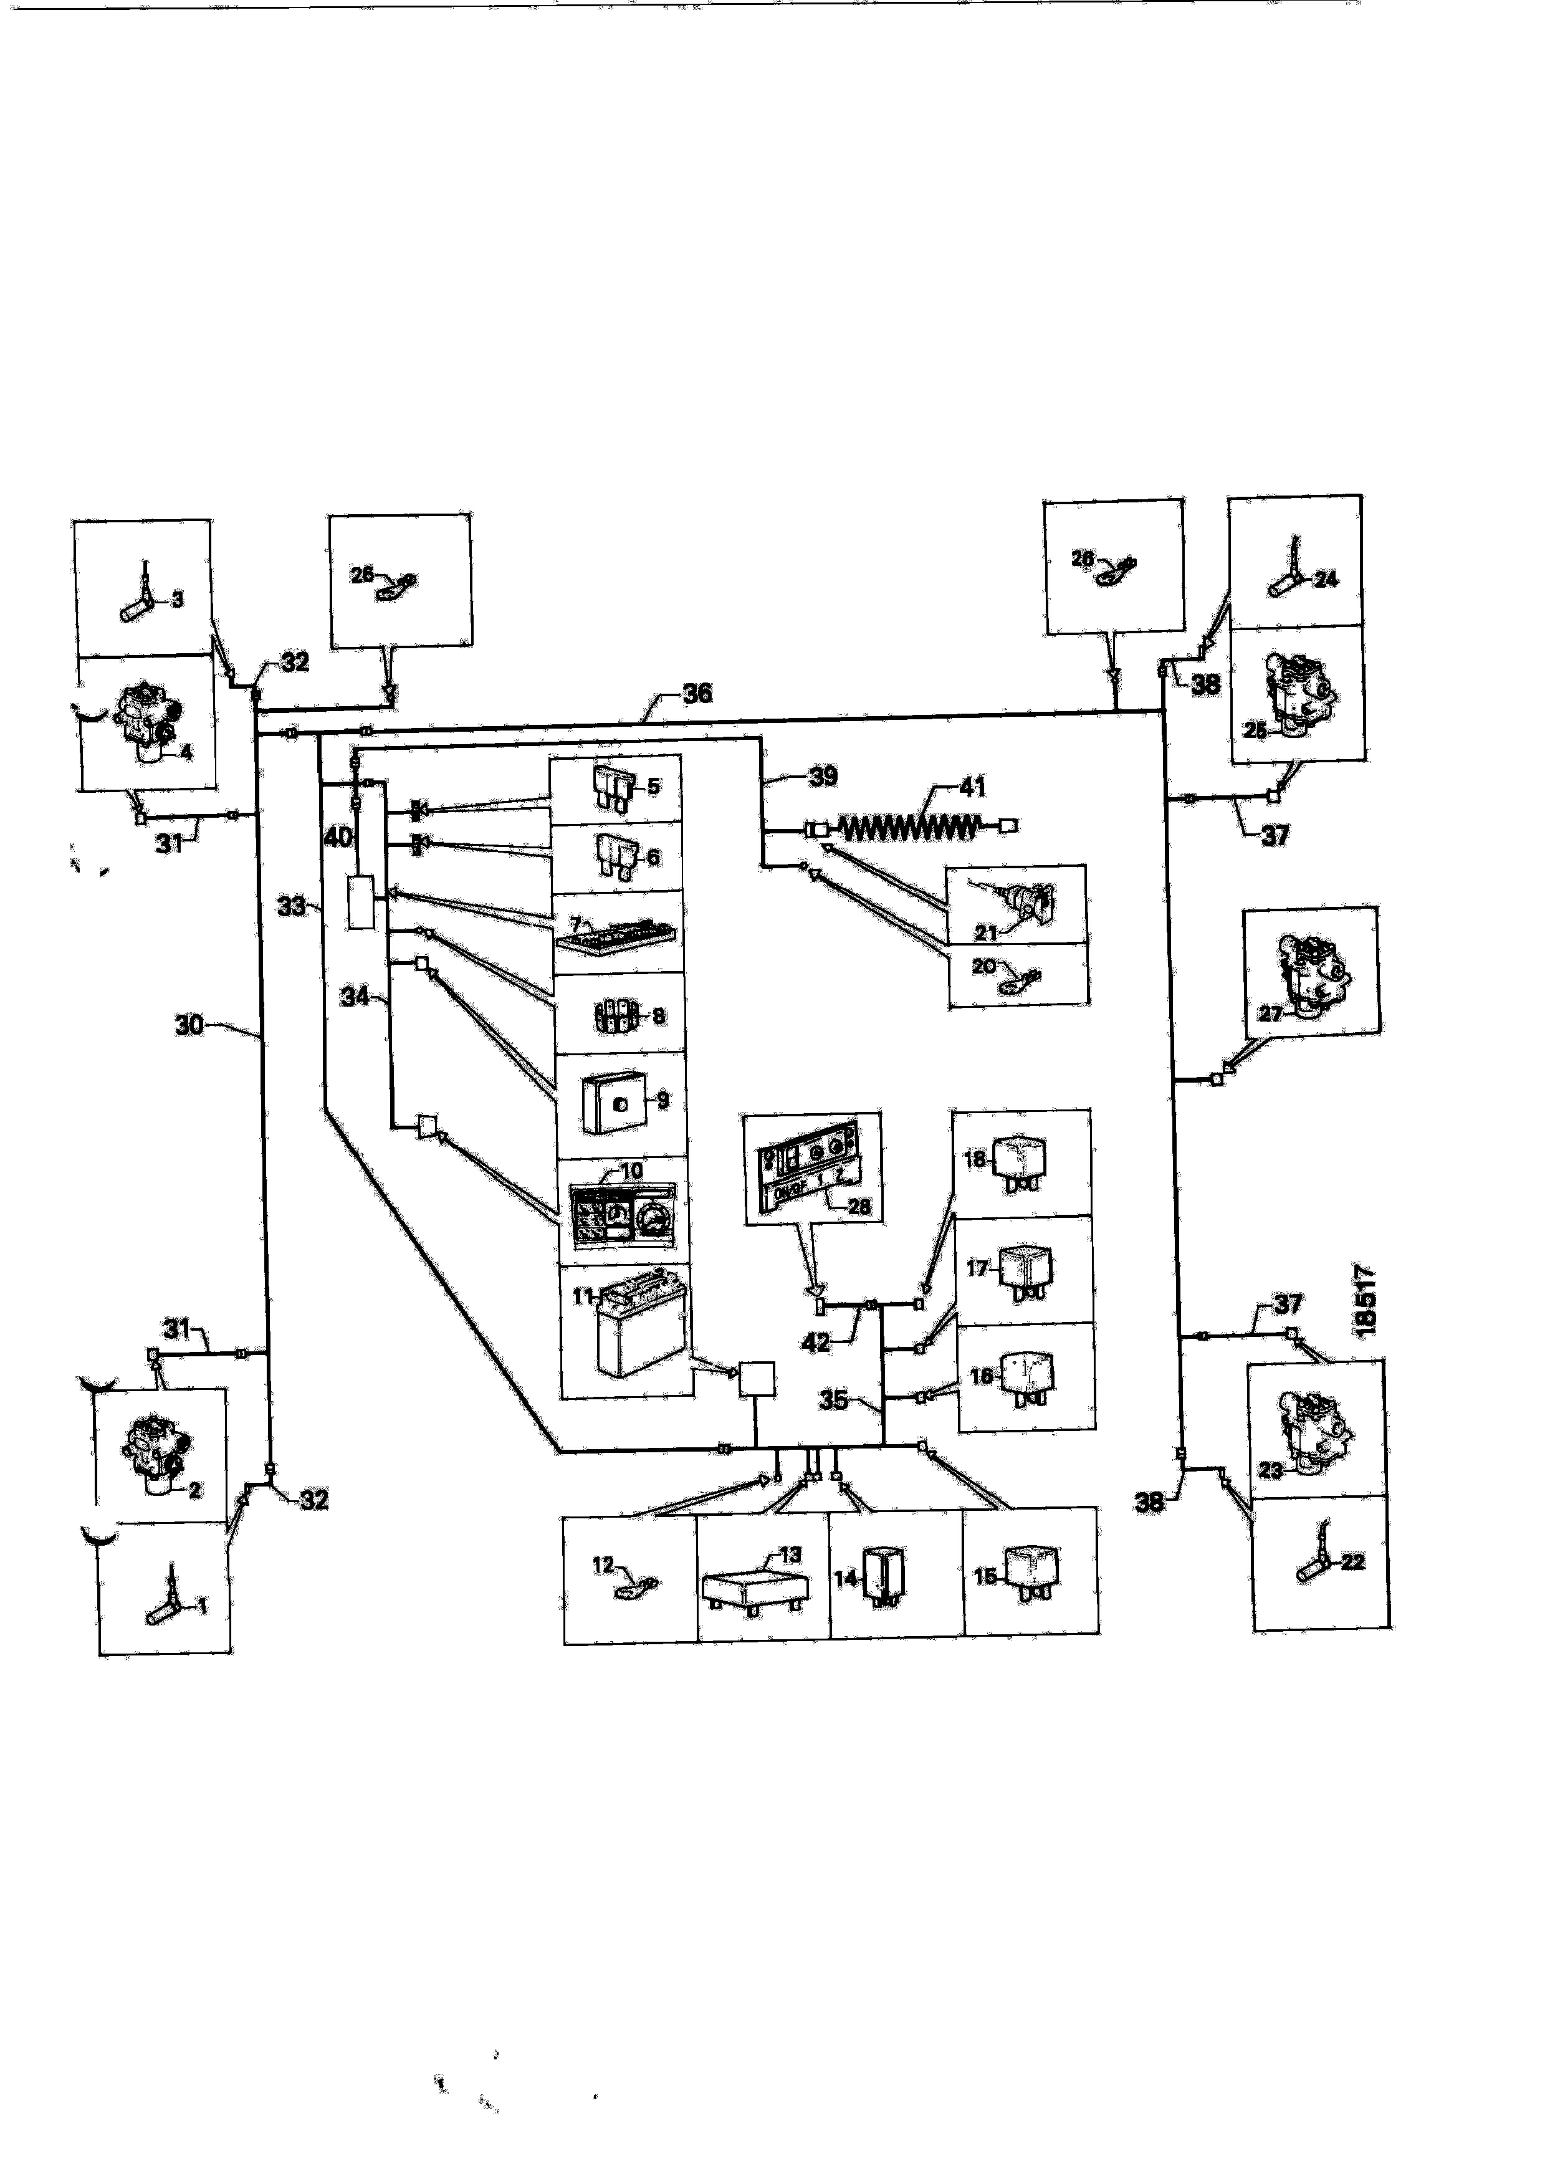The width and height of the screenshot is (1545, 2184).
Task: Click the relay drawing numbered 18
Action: [x=1017, y=1166]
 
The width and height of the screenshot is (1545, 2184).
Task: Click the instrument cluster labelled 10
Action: [x=621, y=1213]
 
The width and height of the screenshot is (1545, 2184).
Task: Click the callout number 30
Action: [x=188, y=1025]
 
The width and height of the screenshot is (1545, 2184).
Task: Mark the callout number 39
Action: [x=823, y=776]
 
